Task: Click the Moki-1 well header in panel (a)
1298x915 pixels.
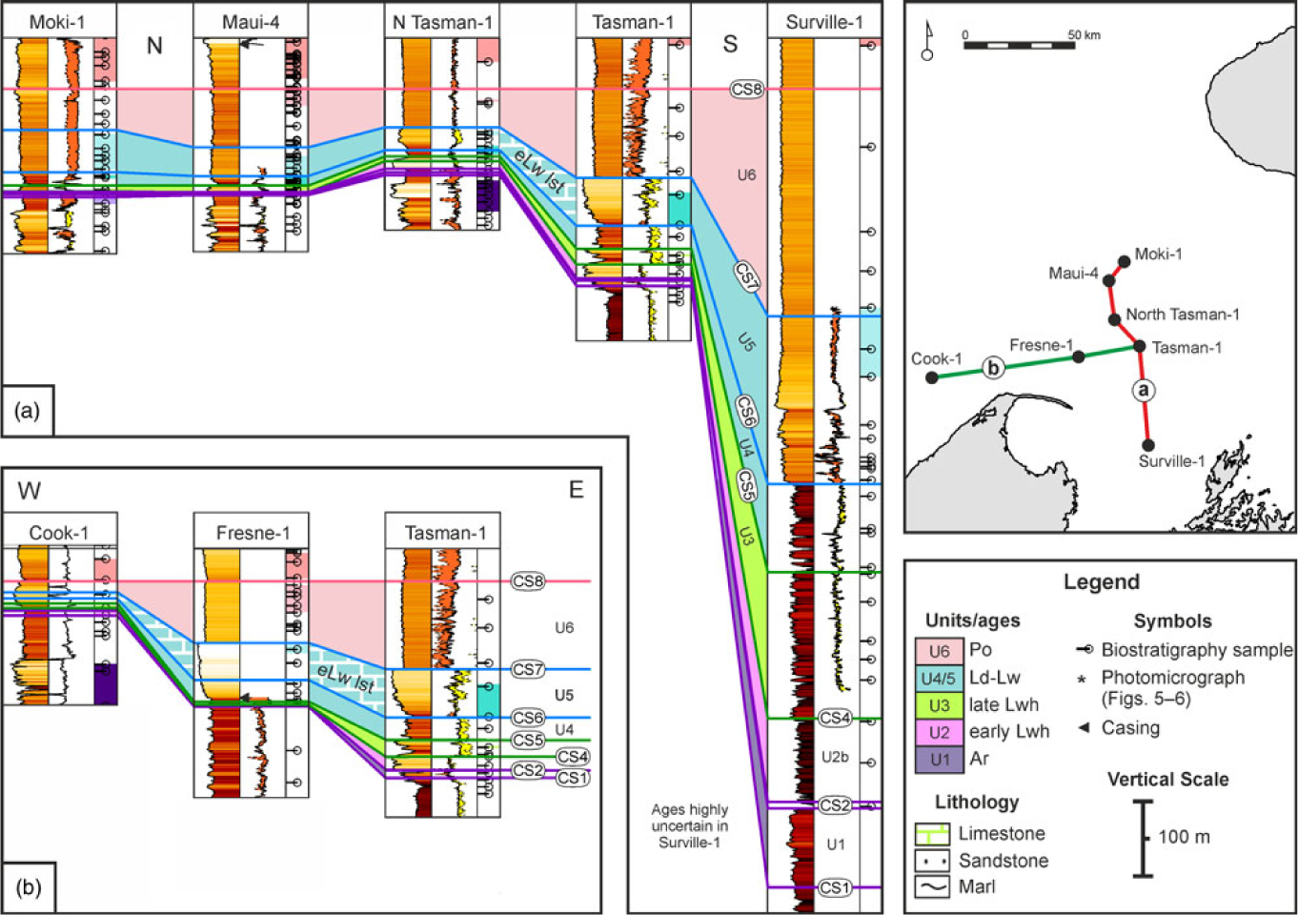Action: tap(58, 22)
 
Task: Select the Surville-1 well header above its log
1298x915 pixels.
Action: tap(823, 22)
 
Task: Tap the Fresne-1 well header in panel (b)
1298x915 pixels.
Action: tap(252, 533)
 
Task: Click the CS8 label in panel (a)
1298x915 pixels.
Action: tap(747, 90)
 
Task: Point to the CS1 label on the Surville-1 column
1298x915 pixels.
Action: tap(834, 887)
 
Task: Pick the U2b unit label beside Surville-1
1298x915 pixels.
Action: tap(834, 757)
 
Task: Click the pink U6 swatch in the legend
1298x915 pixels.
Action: tap(939, 650)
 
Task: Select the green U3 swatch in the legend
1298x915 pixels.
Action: tap(939, 705)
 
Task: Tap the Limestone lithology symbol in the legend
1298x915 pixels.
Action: tap(932, 834)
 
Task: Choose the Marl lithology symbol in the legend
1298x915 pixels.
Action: tap(932, 886)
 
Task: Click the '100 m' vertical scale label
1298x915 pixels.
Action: tap(1184, 837)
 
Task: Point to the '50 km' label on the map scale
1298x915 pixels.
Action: tap(1084, 35)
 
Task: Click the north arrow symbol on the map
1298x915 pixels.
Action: tap(927, 43)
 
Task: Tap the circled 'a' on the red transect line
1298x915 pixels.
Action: tap(1143, 390)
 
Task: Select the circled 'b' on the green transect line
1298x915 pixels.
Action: tap(993, 368)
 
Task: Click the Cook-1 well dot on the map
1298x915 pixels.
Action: tap(931, 377)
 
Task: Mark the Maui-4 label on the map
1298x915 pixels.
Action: tap(1073, 274)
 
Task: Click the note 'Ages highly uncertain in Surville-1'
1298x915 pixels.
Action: tap(689, 825)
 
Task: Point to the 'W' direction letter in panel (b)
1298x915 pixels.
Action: tap(29, 491)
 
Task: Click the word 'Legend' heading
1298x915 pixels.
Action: tap(1101, 582)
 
